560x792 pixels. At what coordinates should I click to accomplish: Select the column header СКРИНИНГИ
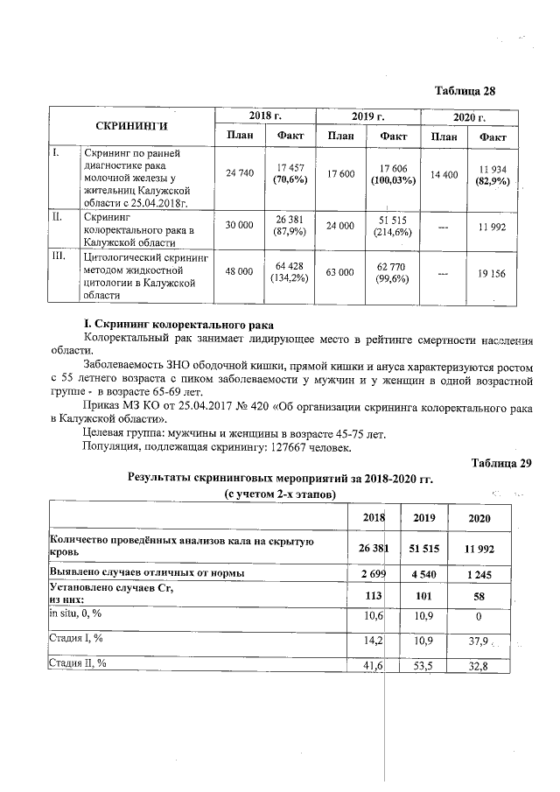131,126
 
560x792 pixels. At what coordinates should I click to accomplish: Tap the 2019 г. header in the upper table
368,116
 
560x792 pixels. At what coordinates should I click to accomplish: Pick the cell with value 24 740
239,174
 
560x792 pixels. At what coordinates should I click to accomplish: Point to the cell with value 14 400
444,174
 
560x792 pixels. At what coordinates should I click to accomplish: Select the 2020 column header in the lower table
479,518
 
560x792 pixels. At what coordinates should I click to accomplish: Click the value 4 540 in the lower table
424,572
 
